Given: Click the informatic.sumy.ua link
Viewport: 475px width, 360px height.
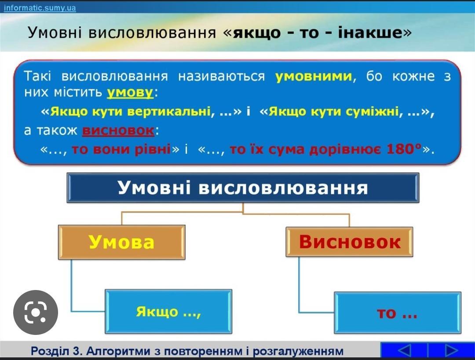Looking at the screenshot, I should tap(40, 8).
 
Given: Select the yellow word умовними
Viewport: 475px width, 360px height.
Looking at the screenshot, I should tap(314, 76).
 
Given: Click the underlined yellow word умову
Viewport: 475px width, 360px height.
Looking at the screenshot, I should tap(130, 92).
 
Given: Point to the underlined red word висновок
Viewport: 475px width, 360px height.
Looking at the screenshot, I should tap(118, 131).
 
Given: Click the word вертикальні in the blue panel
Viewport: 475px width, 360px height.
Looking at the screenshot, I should tap(168, 111).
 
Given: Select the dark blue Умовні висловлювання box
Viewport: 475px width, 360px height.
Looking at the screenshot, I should tap(243, 188).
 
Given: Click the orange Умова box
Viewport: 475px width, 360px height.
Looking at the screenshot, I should tap(122, 242).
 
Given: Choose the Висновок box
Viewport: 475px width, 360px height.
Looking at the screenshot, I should tap(350, 242).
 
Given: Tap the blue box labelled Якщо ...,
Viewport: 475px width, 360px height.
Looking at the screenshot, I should tap(168, 312).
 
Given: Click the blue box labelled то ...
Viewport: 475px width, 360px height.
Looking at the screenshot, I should tap(397, 313).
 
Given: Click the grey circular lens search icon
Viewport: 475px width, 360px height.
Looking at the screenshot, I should tap(35, 312).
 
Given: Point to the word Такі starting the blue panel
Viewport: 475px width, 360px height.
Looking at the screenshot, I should tap(38, 76).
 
